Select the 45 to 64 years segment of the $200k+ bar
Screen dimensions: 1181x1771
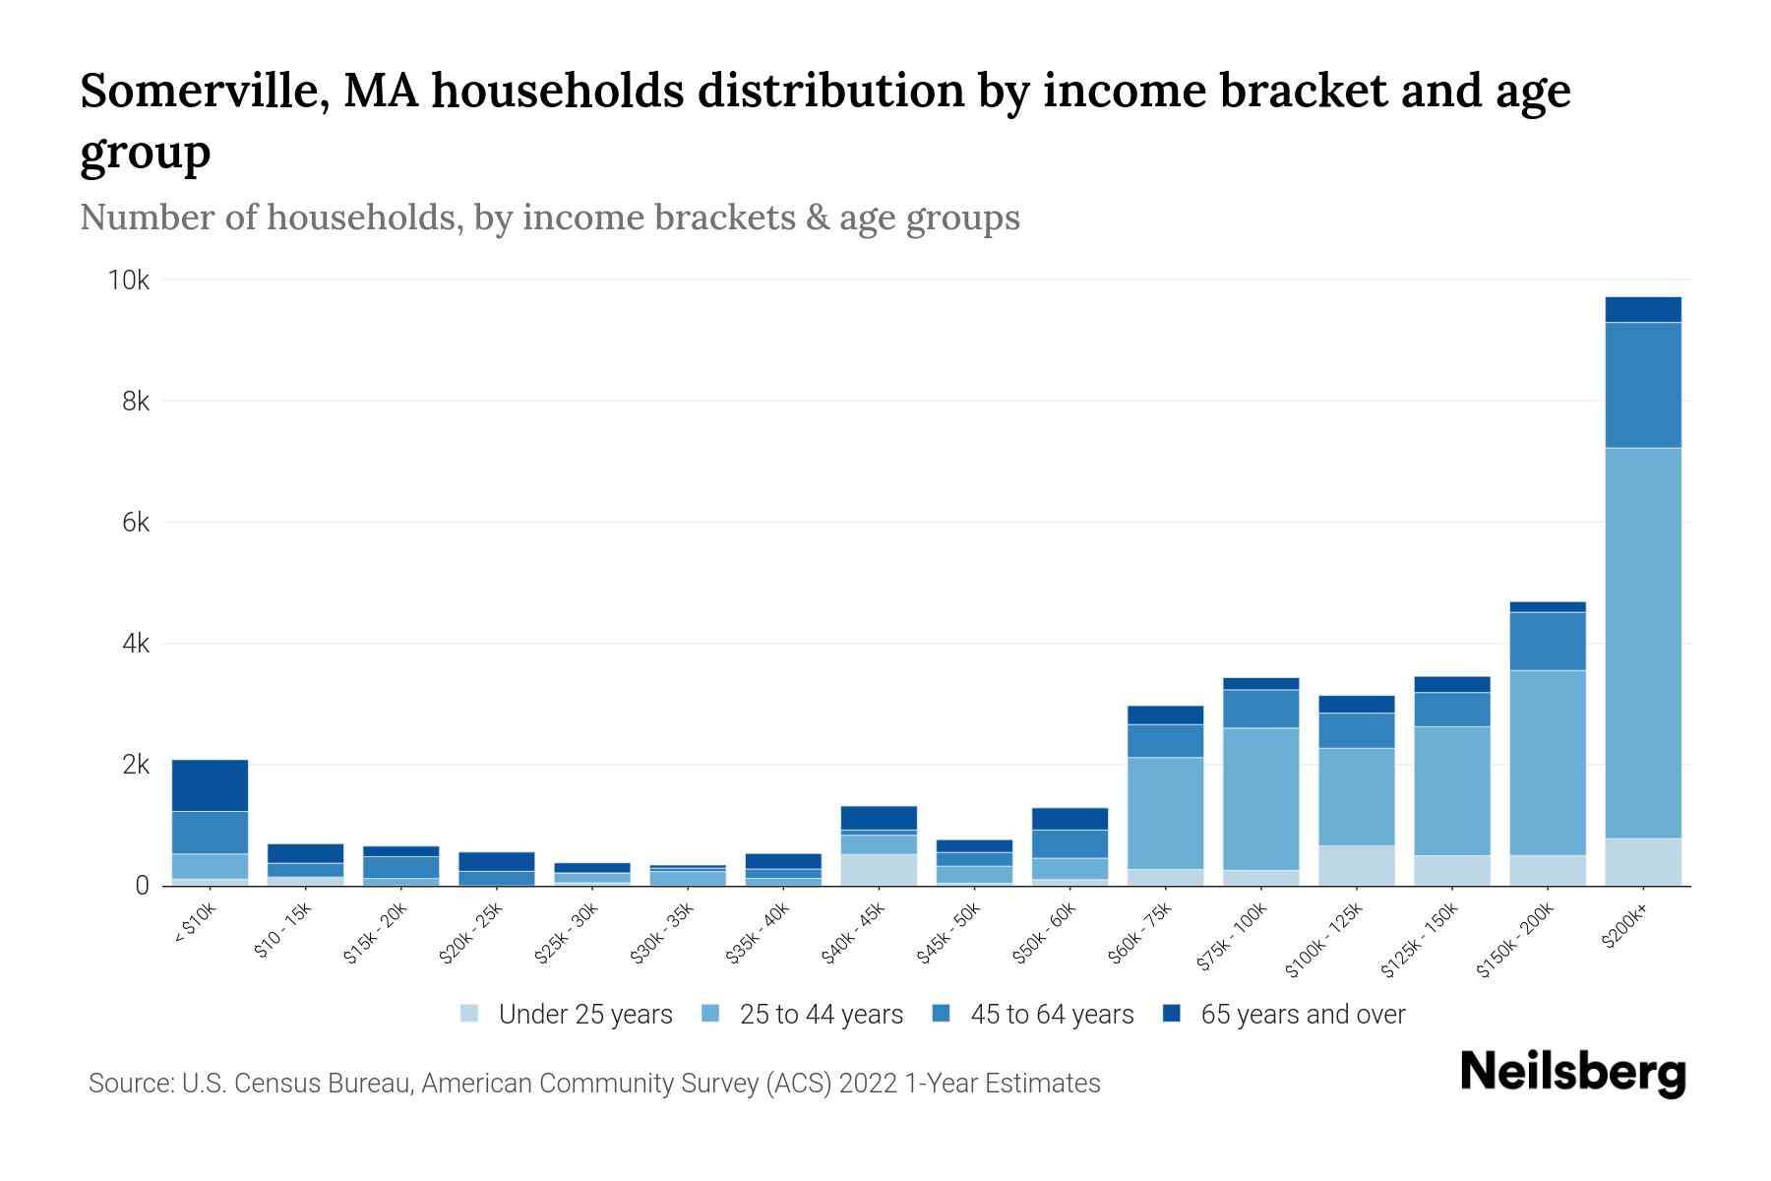pyautogui.click(x=1642, y=385)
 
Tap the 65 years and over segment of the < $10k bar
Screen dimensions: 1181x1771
pyautogui.click(x=210, y=785)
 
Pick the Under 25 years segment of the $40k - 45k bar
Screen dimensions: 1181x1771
pyautogui.click(x=879, y=870)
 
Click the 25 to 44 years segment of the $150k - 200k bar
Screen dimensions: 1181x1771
pyautogui.click(x=1547, y=763)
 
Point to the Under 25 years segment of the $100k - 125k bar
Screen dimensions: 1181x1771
pyautogui.click(x=1356, y=865)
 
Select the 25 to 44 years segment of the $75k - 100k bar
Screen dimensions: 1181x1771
pyautogui.click(x=1260, y=798)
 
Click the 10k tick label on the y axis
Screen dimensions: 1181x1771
pyautogui.click(x=128, y=280)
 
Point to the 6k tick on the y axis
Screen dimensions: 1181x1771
pyautogui.click(x=135, y=523)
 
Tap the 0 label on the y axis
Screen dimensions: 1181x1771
pyautogui.click(x=142, y=886)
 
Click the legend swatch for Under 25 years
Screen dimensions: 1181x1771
pyautogui.click(x=469, y=1013)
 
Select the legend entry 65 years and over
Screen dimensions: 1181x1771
pyautogui.click(x=1302, y=1014)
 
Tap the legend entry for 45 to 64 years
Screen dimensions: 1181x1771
pyautogui.click(x=1051, y=1014)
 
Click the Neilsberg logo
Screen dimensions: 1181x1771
pyautogui.click(x=1572, y=1073)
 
